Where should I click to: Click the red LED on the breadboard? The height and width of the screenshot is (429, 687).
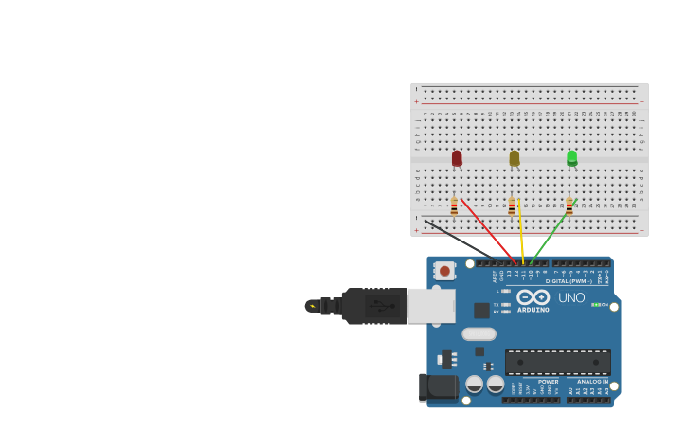pos(457,158)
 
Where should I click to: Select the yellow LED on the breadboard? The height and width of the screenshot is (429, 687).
pos(515,158)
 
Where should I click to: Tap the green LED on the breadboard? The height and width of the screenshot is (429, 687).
pos(572,158)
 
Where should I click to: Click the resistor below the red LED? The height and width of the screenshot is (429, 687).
pos(454,206)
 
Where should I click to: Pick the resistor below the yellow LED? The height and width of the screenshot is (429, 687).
pos(512,206)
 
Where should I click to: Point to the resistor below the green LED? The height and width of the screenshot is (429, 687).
pos(569,206)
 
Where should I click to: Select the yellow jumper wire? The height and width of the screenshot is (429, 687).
pos(521,232)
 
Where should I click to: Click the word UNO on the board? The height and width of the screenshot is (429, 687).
pos(571,297)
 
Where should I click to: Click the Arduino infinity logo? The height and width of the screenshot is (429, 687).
pos(533,296)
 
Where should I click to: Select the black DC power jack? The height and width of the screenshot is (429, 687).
pos(437,386)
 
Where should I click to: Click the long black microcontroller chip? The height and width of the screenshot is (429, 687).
pos(557,362)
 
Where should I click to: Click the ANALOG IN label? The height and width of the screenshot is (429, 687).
pos(592,382)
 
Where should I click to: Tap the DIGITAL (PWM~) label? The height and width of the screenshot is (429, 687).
pos(569,280)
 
